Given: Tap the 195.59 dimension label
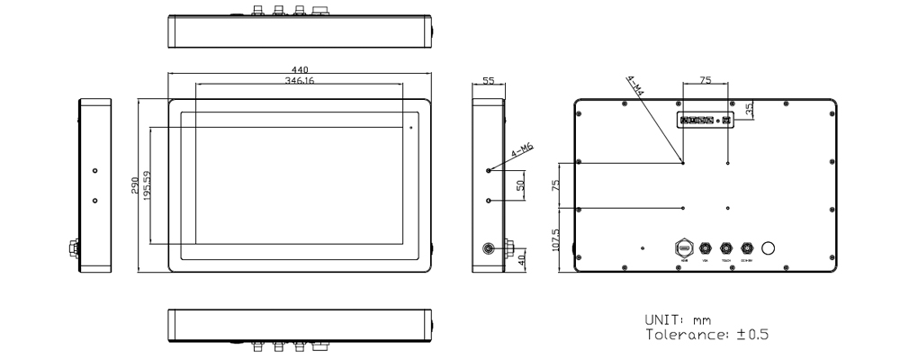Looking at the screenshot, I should tap(146, 185).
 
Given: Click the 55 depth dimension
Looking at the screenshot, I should tap(489, 80).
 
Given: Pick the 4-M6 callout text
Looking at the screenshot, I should tap(523, 151).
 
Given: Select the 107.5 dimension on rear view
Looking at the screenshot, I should tap(556, 241).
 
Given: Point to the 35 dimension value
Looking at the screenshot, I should tap(750, 108).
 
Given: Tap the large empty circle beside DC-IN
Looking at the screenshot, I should tap(769, 247).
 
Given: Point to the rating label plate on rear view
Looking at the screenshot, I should tap(705, 120).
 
